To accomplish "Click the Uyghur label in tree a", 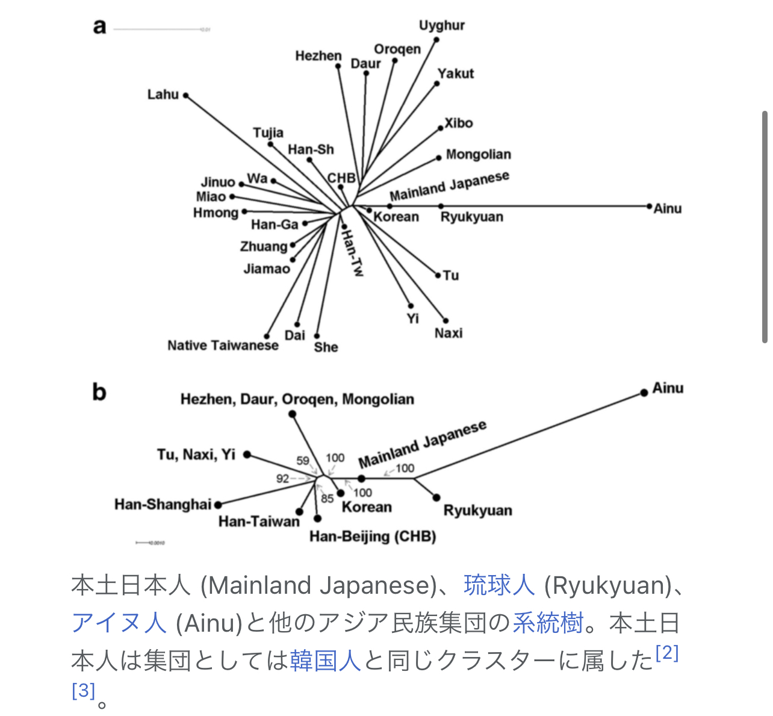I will [442, 25].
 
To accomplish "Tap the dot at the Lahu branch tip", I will [186, 96].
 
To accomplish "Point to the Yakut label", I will [456, 73].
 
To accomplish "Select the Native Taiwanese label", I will [223, 346].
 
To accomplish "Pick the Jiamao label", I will [267, 269].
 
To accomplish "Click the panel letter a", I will [99, 27].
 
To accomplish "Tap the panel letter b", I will [99, 393].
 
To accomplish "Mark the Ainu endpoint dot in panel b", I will [644, 393].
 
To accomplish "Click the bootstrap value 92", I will [283, 479].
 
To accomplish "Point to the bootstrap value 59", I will [303, 461].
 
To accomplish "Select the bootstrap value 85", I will [327, 499].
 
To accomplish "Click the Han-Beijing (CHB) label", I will [373, 536].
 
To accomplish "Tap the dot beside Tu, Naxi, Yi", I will [247, 455].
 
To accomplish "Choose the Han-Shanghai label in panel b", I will [163, 504].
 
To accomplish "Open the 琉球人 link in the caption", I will [499, 585].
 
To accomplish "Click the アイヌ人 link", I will [119, 623].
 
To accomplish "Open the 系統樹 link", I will [548, 623].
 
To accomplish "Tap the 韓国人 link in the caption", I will [325, 661].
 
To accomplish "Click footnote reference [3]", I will [84, 690].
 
